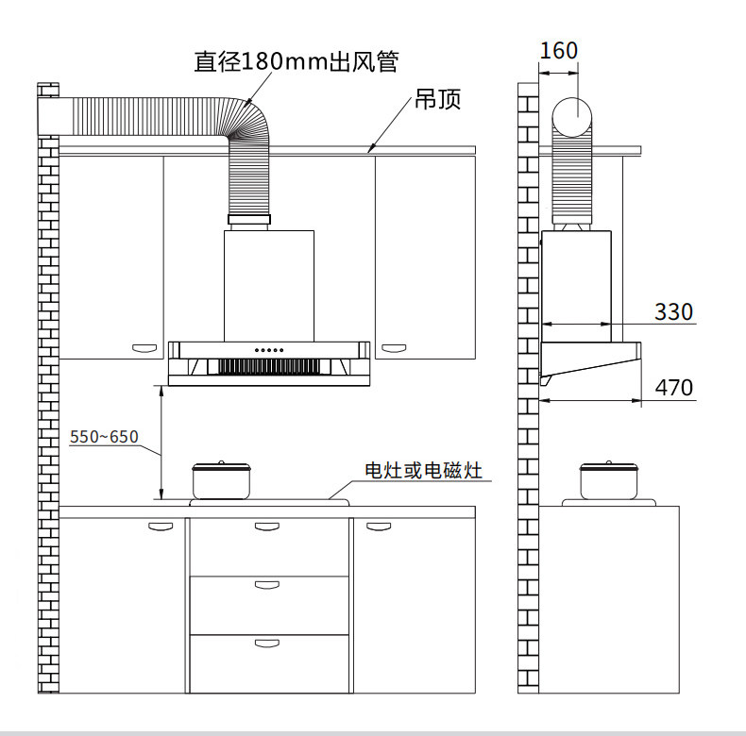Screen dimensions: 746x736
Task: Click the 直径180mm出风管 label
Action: (296, 62)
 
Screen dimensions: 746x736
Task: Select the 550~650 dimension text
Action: (104, 437)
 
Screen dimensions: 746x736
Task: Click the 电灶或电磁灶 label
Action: (424, 470)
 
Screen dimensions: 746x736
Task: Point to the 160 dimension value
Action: (558, 51)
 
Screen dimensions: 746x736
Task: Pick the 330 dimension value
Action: (673, 311)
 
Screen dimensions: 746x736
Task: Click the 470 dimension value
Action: (673, 387)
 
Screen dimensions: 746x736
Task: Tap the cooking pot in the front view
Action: (221, 480)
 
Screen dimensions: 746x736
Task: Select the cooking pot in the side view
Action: (608, 480)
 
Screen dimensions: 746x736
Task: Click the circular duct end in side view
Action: (572, 118)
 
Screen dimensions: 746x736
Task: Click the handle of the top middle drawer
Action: (267, 527)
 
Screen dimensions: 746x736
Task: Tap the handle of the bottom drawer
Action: (267, 644)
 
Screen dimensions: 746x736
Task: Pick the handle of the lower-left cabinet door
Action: (161, 527)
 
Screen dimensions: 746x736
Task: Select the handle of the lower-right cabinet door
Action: (379, 526)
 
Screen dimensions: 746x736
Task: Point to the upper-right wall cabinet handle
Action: (392, 349)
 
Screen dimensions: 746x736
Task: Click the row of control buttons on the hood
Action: (268, 350)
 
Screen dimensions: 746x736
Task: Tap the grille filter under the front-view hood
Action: (268, 367)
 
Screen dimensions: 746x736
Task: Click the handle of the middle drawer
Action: (267, 585)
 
